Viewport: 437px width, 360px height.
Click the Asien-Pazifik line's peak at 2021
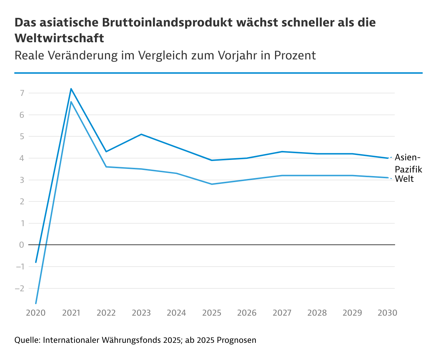pos(71,89)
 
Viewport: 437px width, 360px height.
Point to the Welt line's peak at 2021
pos(71,102)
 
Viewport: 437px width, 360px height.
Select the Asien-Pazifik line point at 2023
pos(141,134)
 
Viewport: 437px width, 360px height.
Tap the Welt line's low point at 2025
pos(212,184)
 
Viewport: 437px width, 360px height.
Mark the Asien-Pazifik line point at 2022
pos(106,152)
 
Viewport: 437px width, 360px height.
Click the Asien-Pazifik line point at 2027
pos(282,152)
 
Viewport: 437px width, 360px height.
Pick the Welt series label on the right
pos(404,179)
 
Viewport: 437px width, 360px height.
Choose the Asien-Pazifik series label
pos(408,163)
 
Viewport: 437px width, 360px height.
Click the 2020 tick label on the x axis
pos(36,313)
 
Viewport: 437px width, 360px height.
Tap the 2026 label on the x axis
pos(247,313)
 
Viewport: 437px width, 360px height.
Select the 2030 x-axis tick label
pos(388,313)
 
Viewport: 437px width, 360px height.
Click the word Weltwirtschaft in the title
pos(59,38)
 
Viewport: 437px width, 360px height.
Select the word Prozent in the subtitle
pos(295,55)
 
